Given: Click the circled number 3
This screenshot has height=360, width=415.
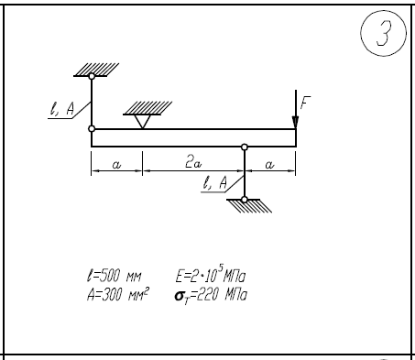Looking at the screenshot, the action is point(383,33).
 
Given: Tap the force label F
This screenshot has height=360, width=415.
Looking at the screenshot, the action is point(305,103).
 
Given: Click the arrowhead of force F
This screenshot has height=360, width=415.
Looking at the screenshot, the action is point(295,122).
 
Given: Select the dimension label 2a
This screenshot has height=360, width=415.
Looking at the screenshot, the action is point(193,162).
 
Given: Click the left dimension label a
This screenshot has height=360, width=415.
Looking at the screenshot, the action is point(116,165).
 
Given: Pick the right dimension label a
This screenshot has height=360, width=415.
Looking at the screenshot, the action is point(269,165).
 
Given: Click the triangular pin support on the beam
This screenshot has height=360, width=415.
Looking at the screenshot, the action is point(143,122).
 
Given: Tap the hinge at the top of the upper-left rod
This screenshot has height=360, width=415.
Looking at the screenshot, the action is point(92,76).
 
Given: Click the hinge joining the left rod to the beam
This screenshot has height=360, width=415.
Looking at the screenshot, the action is point(92,129).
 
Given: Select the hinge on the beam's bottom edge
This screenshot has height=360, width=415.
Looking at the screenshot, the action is point(245,147).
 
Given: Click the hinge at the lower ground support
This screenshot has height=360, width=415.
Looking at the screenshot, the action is point(245,200).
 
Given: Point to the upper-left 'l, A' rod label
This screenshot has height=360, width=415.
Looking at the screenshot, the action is point(62,109).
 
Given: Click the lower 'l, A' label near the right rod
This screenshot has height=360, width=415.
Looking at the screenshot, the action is point(215,183).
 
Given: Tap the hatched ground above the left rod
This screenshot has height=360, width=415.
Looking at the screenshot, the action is point(96,70).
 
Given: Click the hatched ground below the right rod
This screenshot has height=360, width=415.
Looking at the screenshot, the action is point(249,206).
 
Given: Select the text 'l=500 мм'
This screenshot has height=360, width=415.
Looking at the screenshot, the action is point(114,276).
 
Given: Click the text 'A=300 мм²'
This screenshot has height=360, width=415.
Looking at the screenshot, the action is point(118,295).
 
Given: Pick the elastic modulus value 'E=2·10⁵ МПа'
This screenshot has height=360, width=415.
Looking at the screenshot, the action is point(211,274).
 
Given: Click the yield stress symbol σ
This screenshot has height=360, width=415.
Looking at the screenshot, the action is point(179,296).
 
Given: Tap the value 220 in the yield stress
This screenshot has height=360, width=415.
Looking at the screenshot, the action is point(207,295).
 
